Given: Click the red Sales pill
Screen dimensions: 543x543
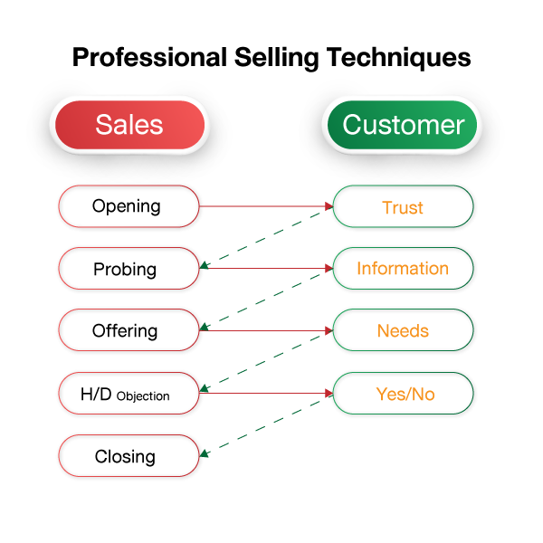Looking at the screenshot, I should point(129,125).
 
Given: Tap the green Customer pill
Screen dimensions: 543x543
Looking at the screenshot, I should point(403,125).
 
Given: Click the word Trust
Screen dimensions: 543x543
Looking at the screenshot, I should point(403,207).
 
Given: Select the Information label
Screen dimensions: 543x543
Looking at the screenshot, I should point(403,269).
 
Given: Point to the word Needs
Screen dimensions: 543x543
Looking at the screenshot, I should point(403,331).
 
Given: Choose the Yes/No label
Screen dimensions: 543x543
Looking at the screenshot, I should point(405,394).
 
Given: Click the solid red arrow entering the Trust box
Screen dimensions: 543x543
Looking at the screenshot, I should point(266,206).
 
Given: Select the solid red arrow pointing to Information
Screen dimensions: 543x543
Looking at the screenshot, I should point(266,269).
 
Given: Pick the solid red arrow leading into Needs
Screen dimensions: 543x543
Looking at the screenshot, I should point(266,330).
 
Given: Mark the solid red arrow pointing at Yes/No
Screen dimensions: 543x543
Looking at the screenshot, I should point(266,394).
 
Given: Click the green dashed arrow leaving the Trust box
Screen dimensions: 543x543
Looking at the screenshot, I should point(266,238).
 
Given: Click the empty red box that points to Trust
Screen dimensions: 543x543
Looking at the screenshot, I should point(129,206).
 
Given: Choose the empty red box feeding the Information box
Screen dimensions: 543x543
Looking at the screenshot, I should point(129,269).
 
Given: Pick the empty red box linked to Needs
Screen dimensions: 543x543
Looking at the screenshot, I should point(129,330).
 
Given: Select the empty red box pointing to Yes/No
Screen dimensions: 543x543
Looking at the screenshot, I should point(129,393).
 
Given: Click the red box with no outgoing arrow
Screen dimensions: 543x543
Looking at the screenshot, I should point(129,455).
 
